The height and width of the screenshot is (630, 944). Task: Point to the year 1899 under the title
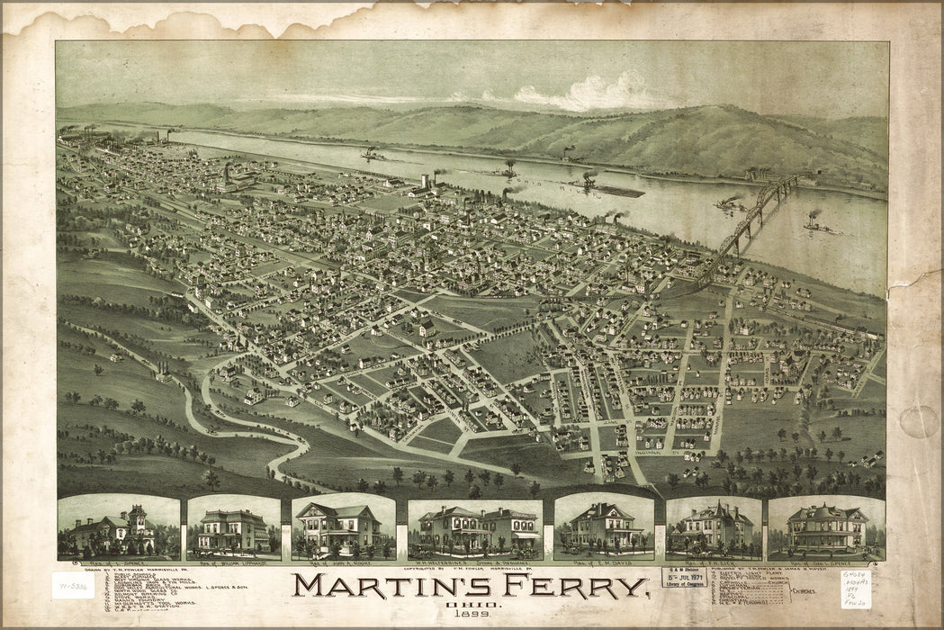point(470,617)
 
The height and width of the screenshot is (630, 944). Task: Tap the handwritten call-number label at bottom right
point(855,589)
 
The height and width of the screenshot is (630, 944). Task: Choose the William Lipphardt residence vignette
point(233,528)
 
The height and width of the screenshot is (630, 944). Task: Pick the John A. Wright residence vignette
point(343,528)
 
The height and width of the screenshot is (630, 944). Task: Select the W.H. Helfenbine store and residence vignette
point(474,530)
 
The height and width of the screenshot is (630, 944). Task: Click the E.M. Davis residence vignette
point(603,528)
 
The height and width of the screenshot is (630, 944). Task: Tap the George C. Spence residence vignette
point(826,528)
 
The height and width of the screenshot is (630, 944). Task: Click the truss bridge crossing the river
point(747,225)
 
